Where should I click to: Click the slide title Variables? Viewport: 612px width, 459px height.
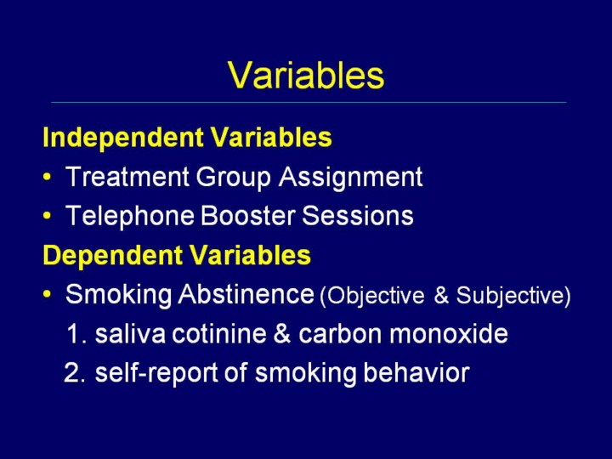(306, 76)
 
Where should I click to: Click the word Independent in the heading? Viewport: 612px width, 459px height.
(123, 138)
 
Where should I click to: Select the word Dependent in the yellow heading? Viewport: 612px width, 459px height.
(113, 256)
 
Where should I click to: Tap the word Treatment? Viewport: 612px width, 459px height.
(127, 177)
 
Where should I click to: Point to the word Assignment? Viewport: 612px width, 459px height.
(350, 178)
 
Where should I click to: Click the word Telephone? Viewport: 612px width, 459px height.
(129, 216)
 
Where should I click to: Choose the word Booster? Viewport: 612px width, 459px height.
(247, 215)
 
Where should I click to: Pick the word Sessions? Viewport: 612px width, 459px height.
(358, 215)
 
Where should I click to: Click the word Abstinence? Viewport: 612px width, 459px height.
(246, 294)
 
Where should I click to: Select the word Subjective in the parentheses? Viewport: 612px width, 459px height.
(510, 296)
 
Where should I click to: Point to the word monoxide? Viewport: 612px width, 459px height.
(449, 334)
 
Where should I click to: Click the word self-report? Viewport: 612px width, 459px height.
(156, 373)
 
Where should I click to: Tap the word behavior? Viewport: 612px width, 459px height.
(416, 372)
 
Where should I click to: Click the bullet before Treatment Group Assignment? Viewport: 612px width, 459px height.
(48, 177)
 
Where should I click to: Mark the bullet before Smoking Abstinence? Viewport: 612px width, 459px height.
(48, 294)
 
